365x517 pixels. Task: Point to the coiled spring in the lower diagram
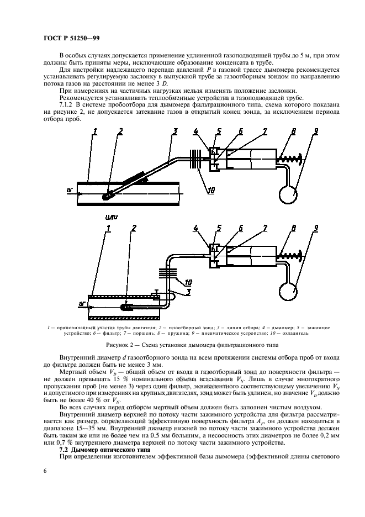290,255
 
